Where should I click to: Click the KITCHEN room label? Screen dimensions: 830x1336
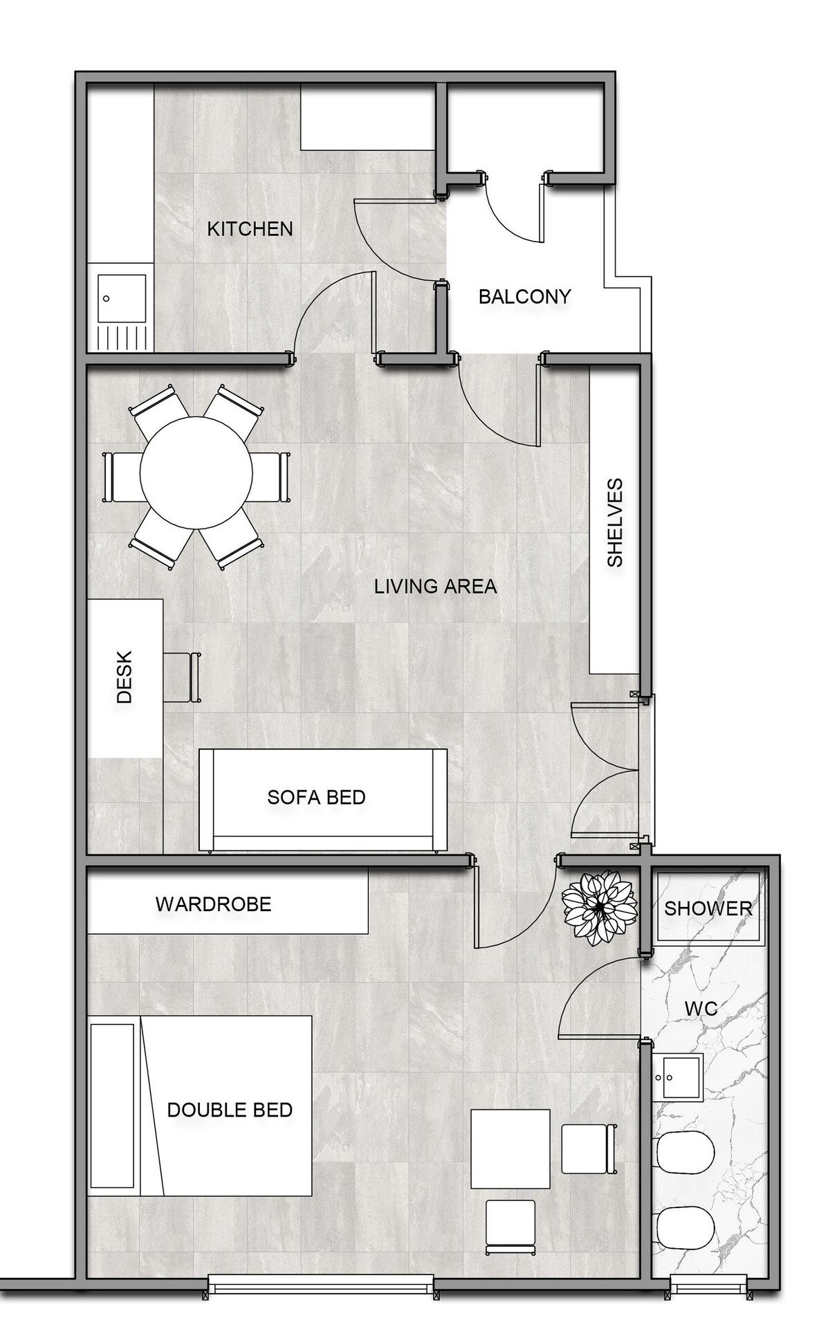point(250,228)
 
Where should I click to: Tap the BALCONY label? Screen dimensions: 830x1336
point(524,297)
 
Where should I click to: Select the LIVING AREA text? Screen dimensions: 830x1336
point(435,587)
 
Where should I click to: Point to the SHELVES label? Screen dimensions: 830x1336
point(614,522)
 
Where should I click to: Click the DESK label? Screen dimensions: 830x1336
point(124,677)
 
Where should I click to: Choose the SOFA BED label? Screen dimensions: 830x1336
point(316,797)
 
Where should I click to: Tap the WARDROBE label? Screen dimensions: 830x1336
point(213,904)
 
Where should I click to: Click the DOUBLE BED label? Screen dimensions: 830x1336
point(230,1110)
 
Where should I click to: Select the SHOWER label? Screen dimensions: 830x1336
point(708,908)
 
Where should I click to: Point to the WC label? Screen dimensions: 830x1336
point(701,1009)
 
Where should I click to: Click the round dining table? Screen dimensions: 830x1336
point(196,473)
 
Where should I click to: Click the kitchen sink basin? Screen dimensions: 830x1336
point(122,300)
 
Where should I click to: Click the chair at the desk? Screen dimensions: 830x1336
point(183,677)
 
